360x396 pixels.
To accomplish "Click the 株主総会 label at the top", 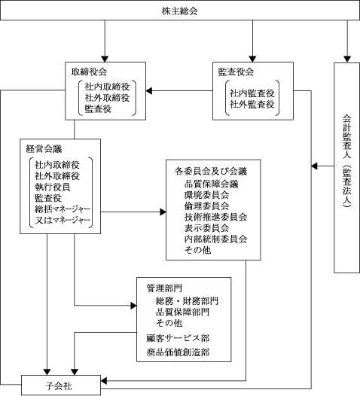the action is coord(179,11).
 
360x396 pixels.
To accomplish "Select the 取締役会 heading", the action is coord(89,72).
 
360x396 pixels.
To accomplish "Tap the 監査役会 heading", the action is coord(236,72).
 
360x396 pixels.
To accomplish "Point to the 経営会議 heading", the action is coord(44,149).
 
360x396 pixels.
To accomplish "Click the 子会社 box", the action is coord(61,385).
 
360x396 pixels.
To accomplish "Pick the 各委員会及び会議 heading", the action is coord(211,172).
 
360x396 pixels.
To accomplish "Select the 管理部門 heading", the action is coord(164,288).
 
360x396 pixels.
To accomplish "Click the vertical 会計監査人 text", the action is coord(347,161).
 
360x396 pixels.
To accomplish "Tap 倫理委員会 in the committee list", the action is coord(206,206).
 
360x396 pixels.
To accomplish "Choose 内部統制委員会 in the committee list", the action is coord(215,239).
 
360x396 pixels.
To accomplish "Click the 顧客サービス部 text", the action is coord(178,338).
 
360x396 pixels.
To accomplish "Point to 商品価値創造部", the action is coord(178,352).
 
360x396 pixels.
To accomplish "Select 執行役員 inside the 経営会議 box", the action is coord(52,187).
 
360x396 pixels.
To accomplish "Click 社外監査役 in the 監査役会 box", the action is coord(252,105).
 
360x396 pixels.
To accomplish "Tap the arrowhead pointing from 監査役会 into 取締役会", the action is coord(149,91).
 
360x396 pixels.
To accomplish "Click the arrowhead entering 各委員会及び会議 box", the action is coord(163,212).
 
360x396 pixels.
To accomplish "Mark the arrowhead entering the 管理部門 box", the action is coord(133,306).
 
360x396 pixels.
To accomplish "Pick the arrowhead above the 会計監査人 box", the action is coord(347,59).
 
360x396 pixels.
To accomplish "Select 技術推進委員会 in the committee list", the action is coord(215,217).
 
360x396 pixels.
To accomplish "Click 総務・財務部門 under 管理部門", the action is coord(187,301).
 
